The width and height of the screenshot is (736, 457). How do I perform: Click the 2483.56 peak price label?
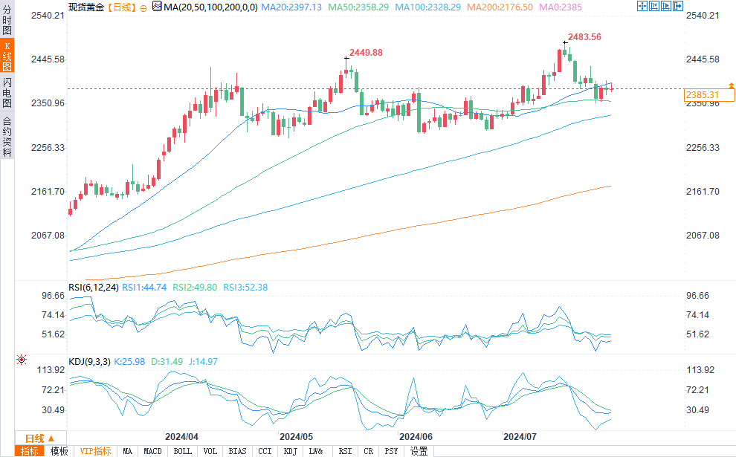click(584, 36)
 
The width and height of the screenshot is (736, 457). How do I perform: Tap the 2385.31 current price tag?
click(702, 95)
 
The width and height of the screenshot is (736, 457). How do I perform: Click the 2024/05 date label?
click(296, 437)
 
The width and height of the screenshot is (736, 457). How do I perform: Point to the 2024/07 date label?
click(520, 437)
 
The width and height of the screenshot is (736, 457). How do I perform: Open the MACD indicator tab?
click(152, 451)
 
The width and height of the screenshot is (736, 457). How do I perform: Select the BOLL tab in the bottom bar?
click(182, 451)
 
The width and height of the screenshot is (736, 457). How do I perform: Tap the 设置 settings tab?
click(419, 451)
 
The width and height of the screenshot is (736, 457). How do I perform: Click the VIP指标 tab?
click(95, 451)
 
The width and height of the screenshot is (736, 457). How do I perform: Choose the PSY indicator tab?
click(391, 451)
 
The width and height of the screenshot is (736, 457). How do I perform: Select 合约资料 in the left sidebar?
click(7, 136)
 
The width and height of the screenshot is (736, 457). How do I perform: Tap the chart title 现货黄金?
click(85, 7)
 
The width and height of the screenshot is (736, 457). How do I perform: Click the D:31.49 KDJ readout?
click(164, 362)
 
